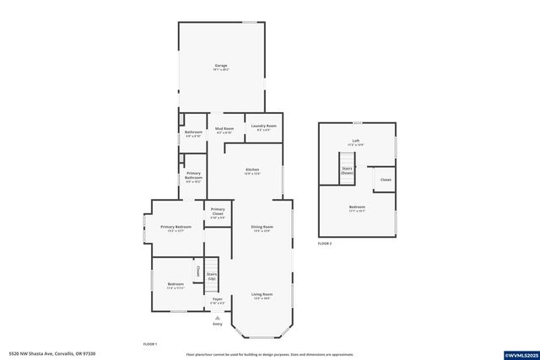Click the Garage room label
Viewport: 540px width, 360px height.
[x=221, y=66]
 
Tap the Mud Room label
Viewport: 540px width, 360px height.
[x=224, y=129]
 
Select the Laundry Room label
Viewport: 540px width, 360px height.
[x=263, y=127]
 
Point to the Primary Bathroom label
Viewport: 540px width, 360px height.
[x=193, y=176]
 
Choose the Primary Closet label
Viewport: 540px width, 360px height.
[x=218, y=212]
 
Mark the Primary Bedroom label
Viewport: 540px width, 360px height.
[x=176, y=228]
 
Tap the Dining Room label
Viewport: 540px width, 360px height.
[x=262, y=228]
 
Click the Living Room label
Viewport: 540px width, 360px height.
[x=262, y=295]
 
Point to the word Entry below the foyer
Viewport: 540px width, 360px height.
[x=218, y=324]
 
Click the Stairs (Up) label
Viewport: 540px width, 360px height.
[x=212, y=276]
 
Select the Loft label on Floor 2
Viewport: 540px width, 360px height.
[x=356, y=142]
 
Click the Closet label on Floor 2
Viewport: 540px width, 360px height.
[x=386, y=180]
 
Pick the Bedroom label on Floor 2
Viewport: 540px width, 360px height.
[x=357, y=207]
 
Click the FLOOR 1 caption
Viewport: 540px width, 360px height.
[x=150, y=344]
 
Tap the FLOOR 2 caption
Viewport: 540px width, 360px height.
[x=325, y=243]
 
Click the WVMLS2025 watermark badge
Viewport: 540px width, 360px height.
[x=516, y=353]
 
